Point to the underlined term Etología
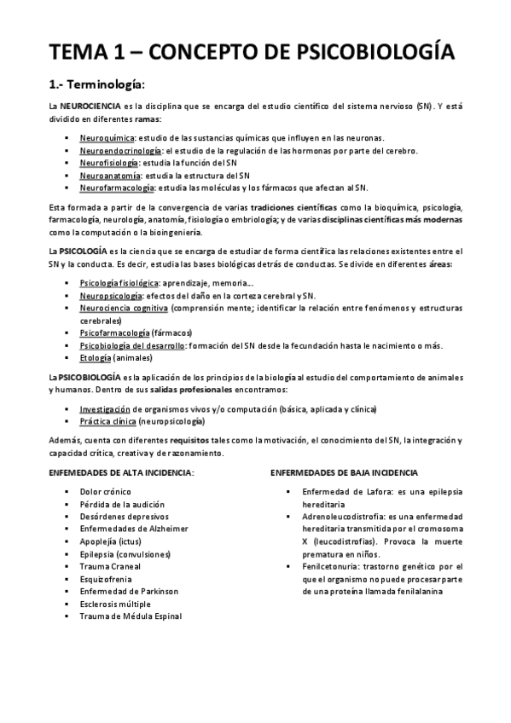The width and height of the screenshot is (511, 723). click(x=95, y=358)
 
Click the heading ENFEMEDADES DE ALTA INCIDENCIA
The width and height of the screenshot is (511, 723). click(x=120, y=471)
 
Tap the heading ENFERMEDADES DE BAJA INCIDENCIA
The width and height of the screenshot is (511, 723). click(x=344, y=471)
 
